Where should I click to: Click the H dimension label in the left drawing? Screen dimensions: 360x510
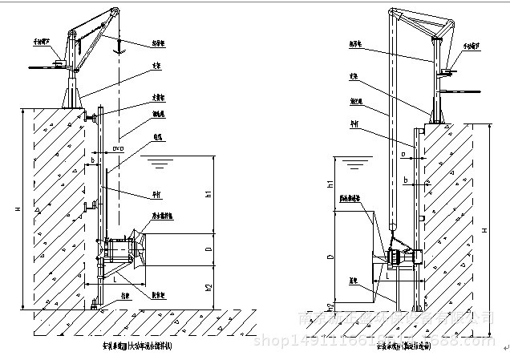(x=17, y=210)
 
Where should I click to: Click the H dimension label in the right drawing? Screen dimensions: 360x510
(x=484, y=231)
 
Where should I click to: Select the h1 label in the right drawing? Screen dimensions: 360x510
(x=330, y=184)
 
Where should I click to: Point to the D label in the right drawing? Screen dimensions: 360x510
(x=330, y=258)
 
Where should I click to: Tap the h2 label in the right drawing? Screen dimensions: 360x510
(x=330, y=306)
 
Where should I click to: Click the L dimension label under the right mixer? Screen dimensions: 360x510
(x=388, y=275)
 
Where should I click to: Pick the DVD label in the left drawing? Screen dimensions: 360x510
(x=118, y=150)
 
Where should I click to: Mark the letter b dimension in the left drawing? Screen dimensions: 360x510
(x=93, y=160)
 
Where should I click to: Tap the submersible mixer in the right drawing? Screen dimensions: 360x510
(x=396, y=257)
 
